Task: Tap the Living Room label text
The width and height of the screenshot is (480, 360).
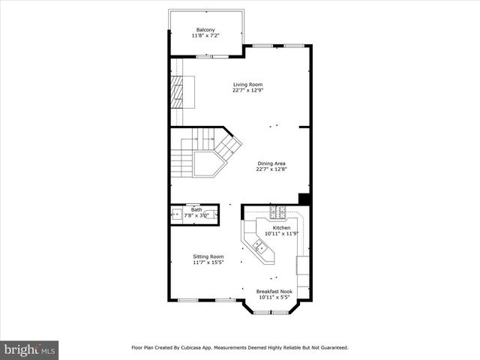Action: point(247,85)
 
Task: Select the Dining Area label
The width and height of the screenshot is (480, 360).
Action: point(271,163)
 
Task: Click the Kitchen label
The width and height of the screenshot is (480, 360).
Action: point(281,227)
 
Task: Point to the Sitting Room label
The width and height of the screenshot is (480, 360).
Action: point(208,256)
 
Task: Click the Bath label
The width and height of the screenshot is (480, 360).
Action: point(196,210)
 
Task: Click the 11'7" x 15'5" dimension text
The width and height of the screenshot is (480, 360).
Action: point(208,262)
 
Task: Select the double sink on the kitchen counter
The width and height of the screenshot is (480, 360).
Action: point(257,246)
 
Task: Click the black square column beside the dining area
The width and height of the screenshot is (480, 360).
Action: point(304,199)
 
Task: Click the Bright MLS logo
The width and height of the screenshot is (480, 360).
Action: point(30,349)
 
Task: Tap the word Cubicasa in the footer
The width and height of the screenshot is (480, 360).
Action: point(193,347)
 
